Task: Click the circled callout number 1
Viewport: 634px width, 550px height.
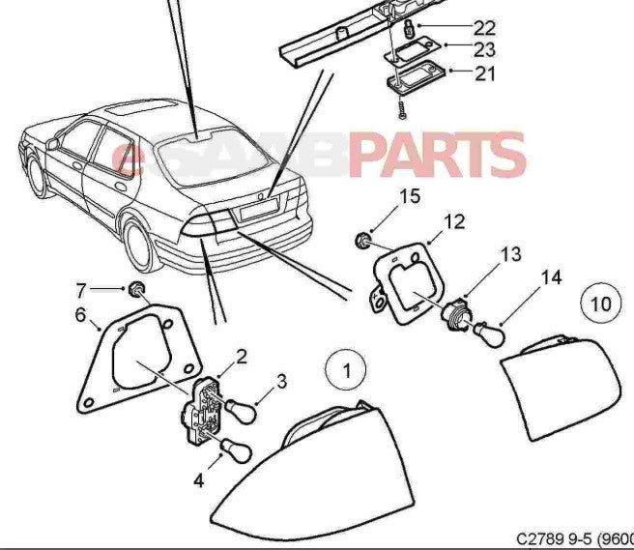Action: pos(346,368)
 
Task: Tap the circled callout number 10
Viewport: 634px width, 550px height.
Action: pos(600,304)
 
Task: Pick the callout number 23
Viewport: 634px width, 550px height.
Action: pos(485,47)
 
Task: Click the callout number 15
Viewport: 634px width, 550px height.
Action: pos(411,197)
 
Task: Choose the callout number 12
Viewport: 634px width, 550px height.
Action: pos(454,222)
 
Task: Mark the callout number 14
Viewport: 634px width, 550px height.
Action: pos(550,278)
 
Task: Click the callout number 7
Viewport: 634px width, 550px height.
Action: pos(81,288)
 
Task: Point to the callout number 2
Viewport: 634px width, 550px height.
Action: pos(241,356)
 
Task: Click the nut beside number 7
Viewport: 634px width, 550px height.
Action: pos(139,287)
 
